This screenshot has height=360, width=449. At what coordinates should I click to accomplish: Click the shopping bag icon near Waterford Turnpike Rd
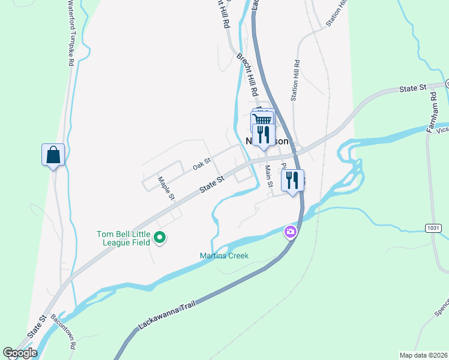tap(53, 155)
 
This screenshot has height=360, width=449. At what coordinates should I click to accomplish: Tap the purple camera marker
tap(291, 232)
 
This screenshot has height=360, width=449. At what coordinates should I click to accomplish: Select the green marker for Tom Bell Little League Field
tap(160, 238)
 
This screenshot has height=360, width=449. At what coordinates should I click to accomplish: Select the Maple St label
tap(166, 188)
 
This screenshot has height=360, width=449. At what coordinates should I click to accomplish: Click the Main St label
tap(270, 176)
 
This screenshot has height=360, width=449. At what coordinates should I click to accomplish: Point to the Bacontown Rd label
tap(63, 331)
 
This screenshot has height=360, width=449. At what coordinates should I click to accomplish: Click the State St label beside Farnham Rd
tap(413, 89)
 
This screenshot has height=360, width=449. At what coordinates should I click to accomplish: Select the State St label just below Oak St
tap(212, 184)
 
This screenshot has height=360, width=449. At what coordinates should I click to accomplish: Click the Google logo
tap(20, 353)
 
